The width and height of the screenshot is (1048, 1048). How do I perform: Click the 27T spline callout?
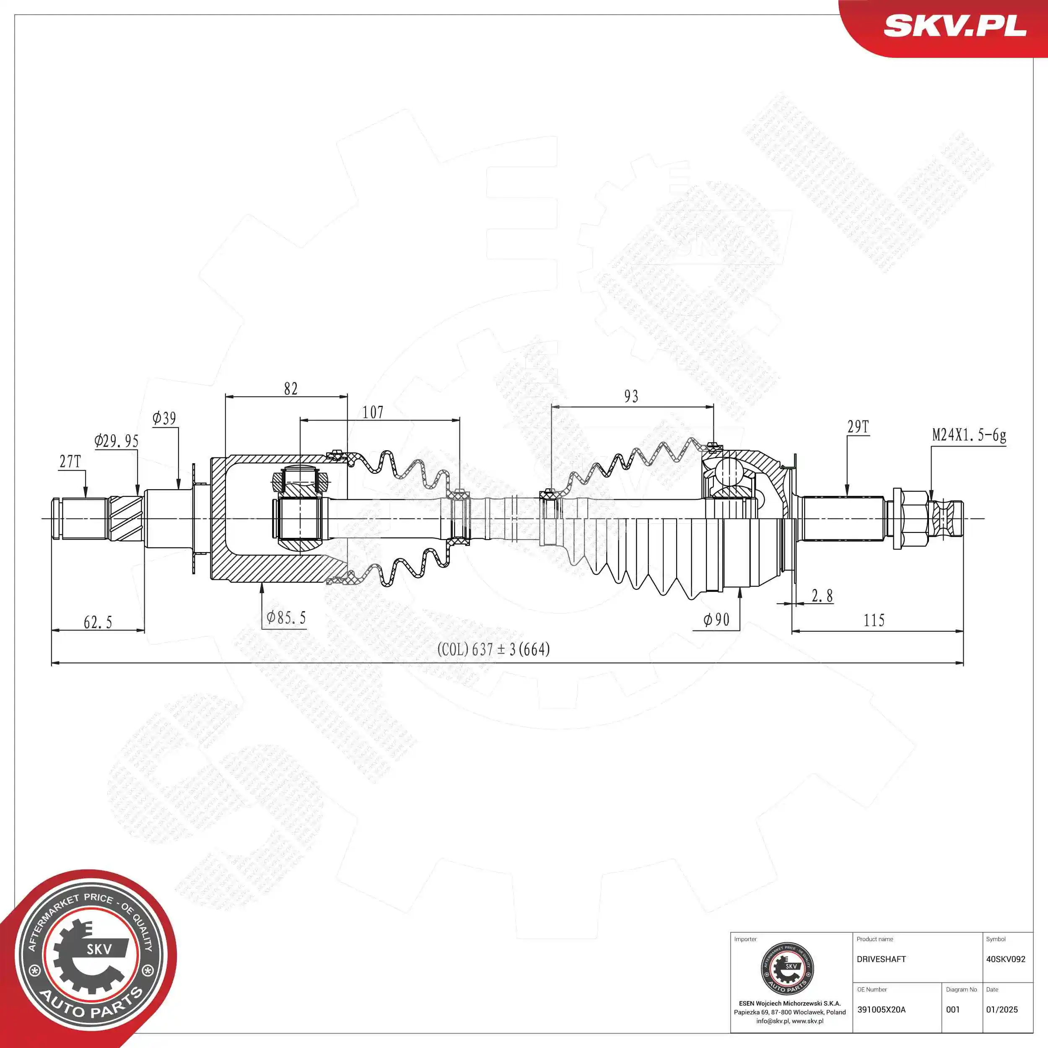[70, 462]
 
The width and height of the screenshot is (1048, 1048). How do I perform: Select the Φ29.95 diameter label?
[116, 441]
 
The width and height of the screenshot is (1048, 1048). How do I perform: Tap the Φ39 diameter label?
[164, 418]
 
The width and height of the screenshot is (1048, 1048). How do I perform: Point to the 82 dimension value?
[291, 389]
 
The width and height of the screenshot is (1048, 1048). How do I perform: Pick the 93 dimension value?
[631, 397]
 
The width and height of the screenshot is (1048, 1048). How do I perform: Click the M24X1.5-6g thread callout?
[969, 435]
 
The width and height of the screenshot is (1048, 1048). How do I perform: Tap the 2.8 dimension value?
[822, 596]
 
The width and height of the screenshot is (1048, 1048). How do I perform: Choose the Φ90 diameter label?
[716, 620]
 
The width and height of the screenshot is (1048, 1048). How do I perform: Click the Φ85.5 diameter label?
[286, 617]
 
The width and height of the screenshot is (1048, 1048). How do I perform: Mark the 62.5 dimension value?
[98, 622]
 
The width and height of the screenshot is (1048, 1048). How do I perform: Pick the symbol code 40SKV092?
[1005, 959]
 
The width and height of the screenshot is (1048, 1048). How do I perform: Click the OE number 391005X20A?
[881, 1009]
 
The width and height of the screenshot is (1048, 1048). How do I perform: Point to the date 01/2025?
[1001, 1009]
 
